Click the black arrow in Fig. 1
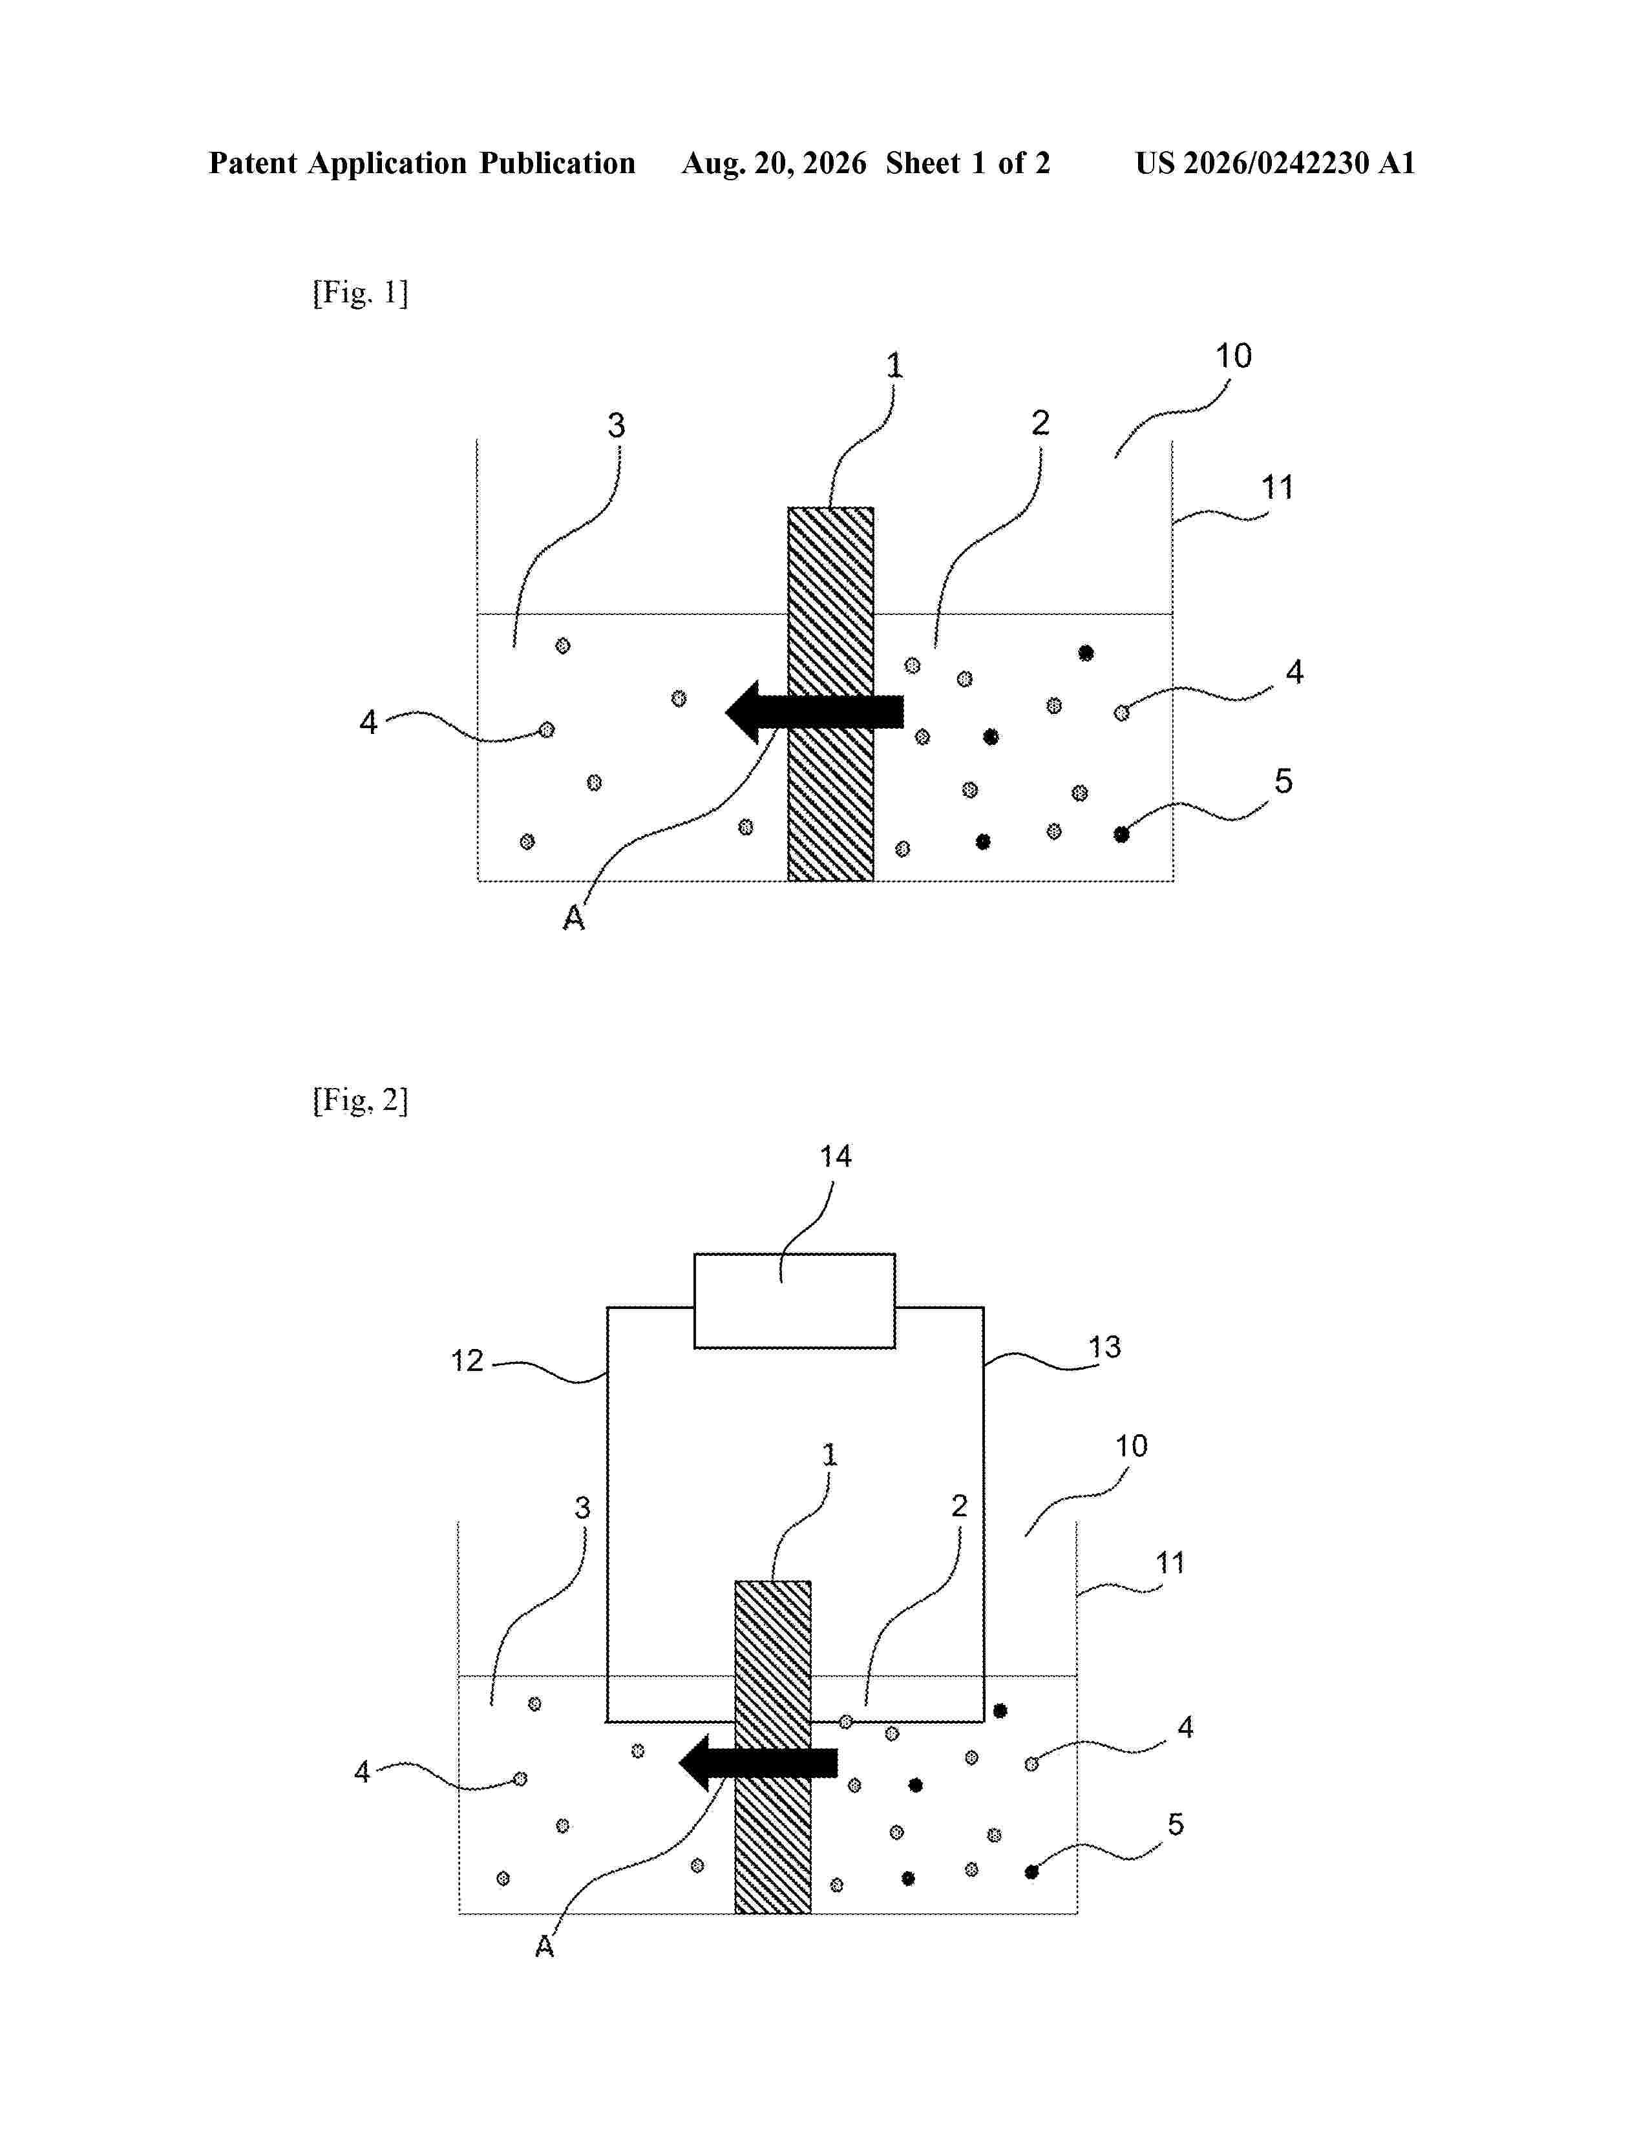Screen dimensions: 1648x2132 pos(814,712)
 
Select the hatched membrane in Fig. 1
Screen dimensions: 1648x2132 pos(831,694)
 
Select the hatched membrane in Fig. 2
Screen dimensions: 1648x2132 pos(772,1746)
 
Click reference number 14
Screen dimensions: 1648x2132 pos(836,1157)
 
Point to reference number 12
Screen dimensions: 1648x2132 pos(467,1361)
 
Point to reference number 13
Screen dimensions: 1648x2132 pos(1105,1347)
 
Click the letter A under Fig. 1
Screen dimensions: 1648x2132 pos(574,917)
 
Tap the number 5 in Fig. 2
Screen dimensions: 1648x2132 pos(1176,1824)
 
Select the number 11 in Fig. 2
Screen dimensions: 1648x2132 pos(1170,1563)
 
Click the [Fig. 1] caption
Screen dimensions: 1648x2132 pos(360,292)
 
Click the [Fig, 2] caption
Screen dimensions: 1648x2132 pos(360,1100)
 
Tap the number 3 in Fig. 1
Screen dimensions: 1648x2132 pos(616,426)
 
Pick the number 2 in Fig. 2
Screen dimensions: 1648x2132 pos(960,1506)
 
